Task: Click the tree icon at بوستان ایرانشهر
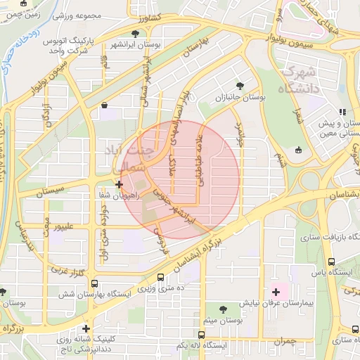[136, 33]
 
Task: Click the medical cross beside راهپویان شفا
[120, 184]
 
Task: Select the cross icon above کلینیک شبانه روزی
[86, 328]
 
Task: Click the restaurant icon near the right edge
[342, 112]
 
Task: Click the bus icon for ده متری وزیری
[161, 278]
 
